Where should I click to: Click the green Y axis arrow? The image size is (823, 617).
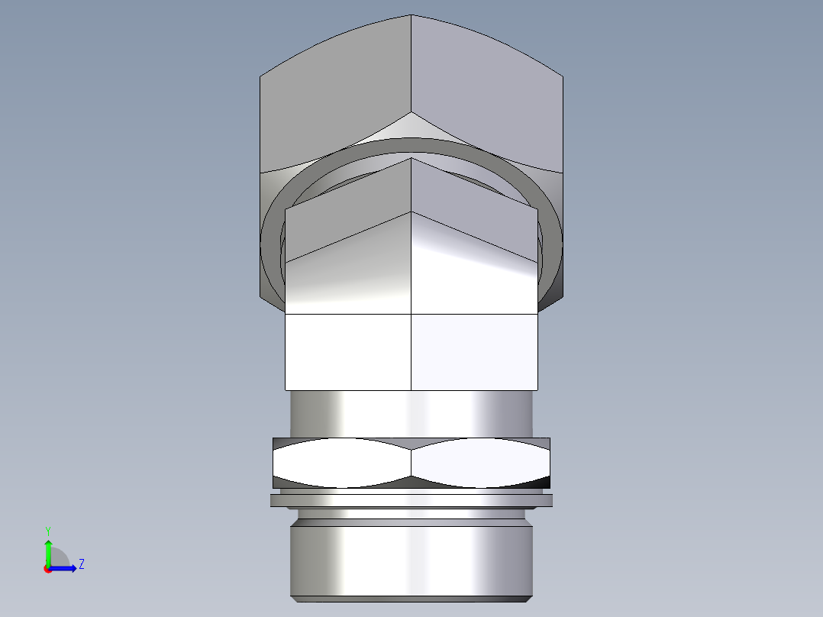pyautogui.click(x=47, y=551)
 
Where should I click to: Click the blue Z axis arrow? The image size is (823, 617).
pyautogui.click(x=66, y=567)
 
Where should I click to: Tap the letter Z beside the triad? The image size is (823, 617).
pyautogui.click(x=81, y=564)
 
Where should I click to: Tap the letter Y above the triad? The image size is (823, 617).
pyautogui.click(x=47, y=530)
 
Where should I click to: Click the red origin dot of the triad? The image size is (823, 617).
pyautogui.click(x=47, y=569)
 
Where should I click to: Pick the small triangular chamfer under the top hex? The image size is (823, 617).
pyautogui.click(x=411, y=128)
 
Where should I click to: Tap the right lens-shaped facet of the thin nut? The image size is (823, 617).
pyautogui.click(x=479, y=463)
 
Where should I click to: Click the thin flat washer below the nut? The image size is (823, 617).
pyautogui.click(x=411, y=500)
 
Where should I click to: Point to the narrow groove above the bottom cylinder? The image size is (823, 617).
pyautogui.click(x=411, y=515)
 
